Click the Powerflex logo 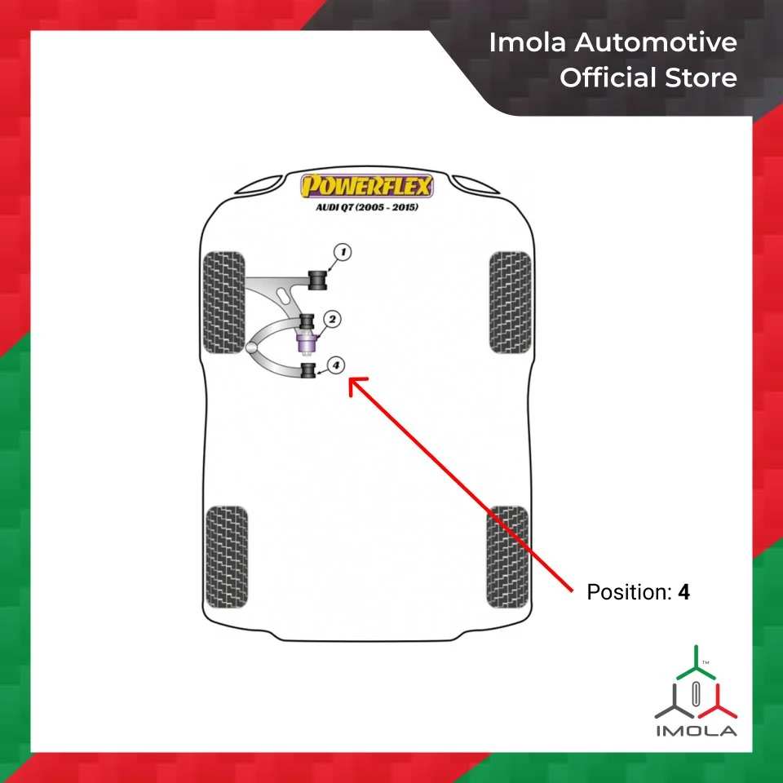coord(366,187)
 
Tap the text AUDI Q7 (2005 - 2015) coord(366,207)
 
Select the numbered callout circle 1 coord(343,253)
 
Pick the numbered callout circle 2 coord(333,320)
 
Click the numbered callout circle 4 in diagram coord(335,365)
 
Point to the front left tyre coord(223,302)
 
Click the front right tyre coord(510,302)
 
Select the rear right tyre coord(507,556)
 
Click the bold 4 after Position coord(683,593)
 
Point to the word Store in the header coord(702,78)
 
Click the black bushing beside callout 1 coord(316,279)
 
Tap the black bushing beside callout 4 coord(308,371)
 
